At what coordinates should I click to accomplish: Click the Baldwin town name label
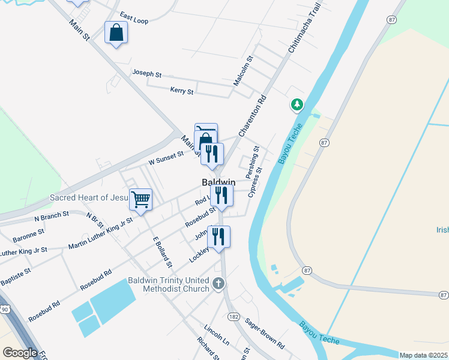[x=217, y=181]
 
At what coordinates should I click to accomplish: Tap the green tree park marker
[x=297, y=106]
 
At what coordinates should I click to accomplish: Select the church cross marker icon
[x=219, y=283]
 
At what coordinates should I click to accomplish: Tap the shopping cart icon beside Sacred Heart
[x=140, y=199]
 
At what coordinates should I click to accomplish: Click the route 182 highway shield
[x=234, y=316]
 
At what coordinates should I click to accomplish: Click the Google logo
[x=20, y=353]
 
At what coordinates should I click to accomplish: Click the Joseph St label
[x=147, y=74]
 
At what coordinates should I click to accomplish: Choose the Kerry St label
[x=182, y=91]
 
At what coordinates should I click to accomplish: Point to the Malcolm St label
[x=244, y=71]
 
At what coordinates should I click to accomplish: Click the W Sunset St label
[x=166, y=158]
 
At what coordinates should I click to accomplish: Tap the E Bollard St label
[x=162, y=251]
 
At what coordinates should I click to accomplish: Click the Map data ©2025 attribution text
[x=424, y=355]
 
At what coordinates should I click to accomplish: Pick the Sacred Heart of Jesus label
[x=89, y=197]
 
